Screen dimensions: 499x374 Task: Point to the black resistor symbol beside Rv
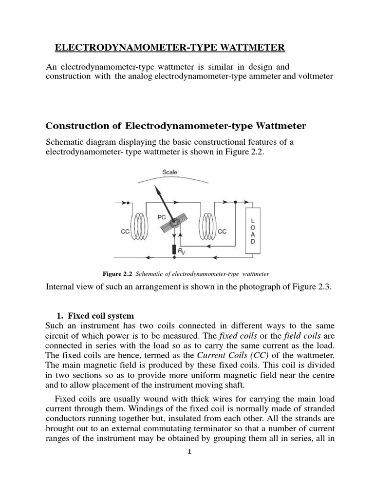tap(174, 250)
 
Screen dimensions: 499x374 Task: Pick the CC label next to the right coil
tap(223, 232)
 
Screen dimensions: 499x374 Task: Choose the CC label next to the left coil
tap(125, 232)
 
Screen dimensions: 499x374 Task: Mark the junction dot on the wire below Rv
tap(174, 258)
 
